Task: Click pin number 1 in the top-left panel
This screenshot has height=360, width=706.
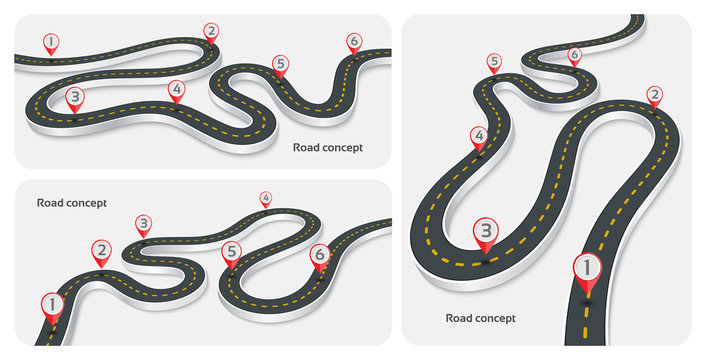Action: (x=51, y=42)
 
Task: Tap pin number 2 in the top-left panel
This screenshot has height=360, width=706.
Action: (x=210, y=31)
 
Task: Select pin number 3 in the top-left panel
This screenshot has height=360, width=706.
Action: (x=74, y=98)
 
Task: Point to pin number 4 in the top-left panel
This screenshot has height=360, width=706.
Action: (x=177, y=90)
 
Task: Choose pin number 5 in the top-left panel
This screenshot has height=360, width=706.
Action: (x=280, y=64)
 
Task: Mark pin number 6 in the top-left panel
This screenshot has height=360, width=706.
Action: (x=353, y=41)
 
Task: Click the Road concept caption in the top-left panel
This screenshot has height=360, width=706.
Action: (x=328, y=147)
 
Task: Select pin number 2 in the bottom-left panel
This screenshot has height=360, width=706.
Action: (x=101, y=251)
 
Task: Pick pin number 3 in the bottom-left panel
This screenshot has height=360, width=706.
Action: (x=143, y=224)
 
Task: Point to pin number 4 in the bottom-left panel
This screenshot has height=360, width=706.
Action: (x=265, y=198)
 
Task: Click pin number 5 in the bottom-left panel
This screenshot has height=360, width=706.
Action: (x=231, y=252)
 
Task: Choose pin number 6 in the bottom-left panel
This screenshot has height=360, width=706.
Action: (x=319, y=255)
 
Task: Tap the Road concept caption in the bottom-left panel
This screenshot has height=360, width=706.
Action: (x=72, y=203)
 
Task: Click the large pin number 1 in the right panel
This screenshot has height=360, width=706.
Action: (x=587, y=268)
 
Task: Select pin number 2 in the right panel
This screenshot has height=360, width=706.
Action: (x=654, y=96)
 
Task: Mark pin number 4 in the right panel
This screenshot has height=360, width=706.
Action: (x=479, y=136)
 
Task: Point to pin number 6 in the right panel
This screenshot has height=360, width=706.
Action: (x=574, y=55)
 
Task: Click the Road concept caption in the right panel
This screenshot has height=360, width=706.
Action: (x=481, y=319)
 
